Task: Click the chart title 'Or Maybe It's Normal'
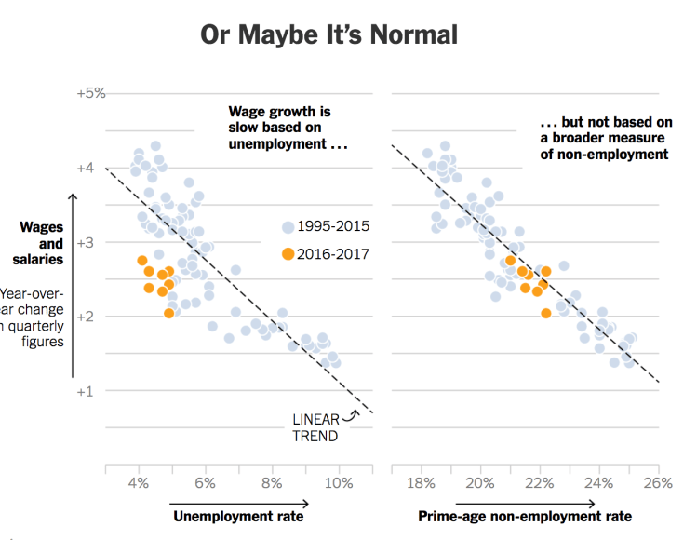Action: point(329,35)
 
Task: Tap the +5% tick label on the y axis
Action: point(91,93)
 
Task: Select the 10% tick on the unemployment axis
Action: point(339,483)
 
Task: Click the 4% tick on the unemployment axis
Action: point(139,483)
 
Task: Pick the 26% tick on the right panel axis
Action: point(657,483)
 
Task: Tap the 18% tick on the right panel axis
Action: point(421,483)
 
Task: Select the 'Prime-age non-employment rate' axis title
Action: point(525,516)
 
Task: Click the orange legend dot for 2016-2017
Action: point(288,254)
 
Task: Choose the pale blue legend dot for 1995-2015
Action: point(288,227)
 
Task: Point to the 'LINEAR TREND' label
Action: point(315,427)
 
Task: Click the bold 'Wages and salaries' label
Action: point(41,243)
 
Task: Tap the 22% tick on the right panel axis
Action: point(540,483)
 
